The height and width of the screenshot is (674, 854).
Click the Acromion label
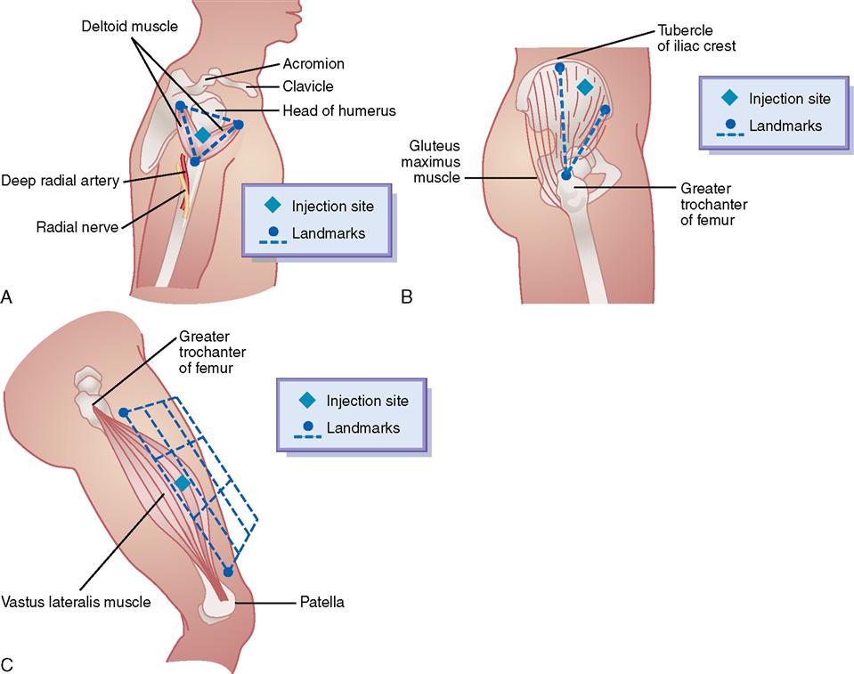pos(314,64)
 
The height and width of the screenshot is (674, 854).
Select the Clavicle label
pos(307,86)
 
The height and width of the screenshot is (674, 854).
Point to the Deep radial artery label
pos(61,181)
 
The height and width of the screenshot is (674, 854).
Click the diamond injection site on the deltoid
pos(203,135)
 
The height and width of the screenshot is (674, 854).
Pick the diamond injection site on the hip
pos(584,86)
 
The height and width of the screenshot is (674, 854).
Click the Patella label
pos(321,602)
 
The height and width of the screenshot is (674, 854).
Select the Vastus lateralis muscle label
pos(76,602)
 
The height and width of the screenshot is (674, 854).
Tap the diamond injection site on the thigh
pos(182,483)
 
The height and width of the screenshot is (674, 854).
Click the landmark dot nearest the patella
pos(228,572)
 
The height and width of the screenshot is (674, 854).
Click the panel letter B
pos(407,298)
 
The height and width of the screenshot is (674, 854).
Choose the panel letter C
pos(7,663)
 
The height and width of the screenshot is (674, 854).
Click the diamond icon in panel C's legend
pos(307,401)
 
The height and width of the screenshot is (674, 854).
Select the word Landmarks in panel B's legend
pos(785,126)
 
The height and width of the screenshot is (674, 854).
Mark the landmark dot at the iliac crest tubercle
pos(559,66)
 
